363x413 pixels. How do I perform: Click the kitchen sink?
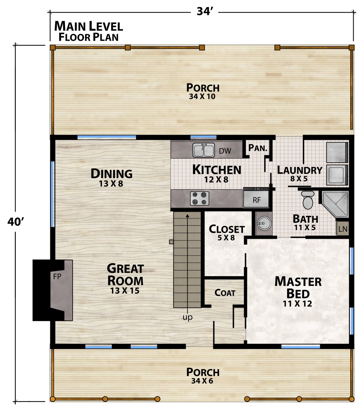point(204,150)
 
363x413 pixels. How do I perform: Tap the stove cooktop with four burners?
point(199,198)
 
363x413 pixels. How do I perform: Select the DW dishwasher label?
point(225,151)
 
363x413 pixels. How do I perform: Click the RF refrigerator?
point(257,198)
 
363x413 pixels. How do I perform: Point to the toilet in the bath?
point(307,200)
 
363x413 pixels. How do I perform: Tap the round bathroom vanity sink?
point(264,223)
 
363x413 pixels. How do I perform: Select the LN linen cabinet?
point(343,229)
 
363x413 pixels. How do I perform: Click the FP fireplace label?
point(57,277)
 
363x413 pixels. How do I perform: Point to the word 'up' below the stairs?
point(187,317)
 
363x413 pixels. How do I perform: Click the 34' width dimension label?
point(205,12)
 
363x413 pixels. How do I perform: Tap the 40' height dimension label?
point(16,222)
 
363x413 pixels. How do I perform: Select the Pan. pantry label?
point(258,148)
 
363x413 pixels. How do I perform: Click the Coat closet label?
point(225,293)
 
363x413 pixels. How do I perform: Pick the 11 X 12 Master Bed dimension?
point(297,304)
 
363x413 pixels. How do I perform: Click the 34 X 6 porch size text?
point(202,381)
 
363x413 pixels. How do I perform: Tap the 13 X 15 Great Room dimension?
point(125,291)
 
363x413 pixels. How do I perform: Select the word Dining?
point(112,174)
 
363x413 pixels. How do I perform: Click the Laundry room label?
point(300,170)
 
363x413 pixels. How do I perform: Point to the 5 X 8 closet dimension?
point(226,237)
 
